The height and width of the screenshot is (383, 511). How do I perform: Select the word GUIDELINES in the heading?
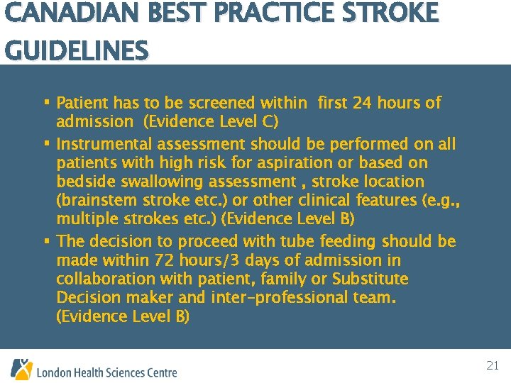click(x=77, y=52)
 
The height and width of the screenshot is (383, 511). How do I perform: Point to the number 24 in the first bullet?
click(x=362, y=104)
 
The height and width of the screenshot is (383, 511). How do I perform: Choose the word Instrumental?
click(x=104, y=145)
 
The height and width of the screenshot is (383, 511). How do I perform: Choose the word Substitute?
click(x=370, y=279)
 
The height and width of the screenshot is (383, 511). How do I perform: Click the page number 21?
click(x=493, y=366)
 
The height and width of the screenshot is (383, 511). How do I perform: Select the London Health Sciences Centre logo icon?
click(x=21, y=369)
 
